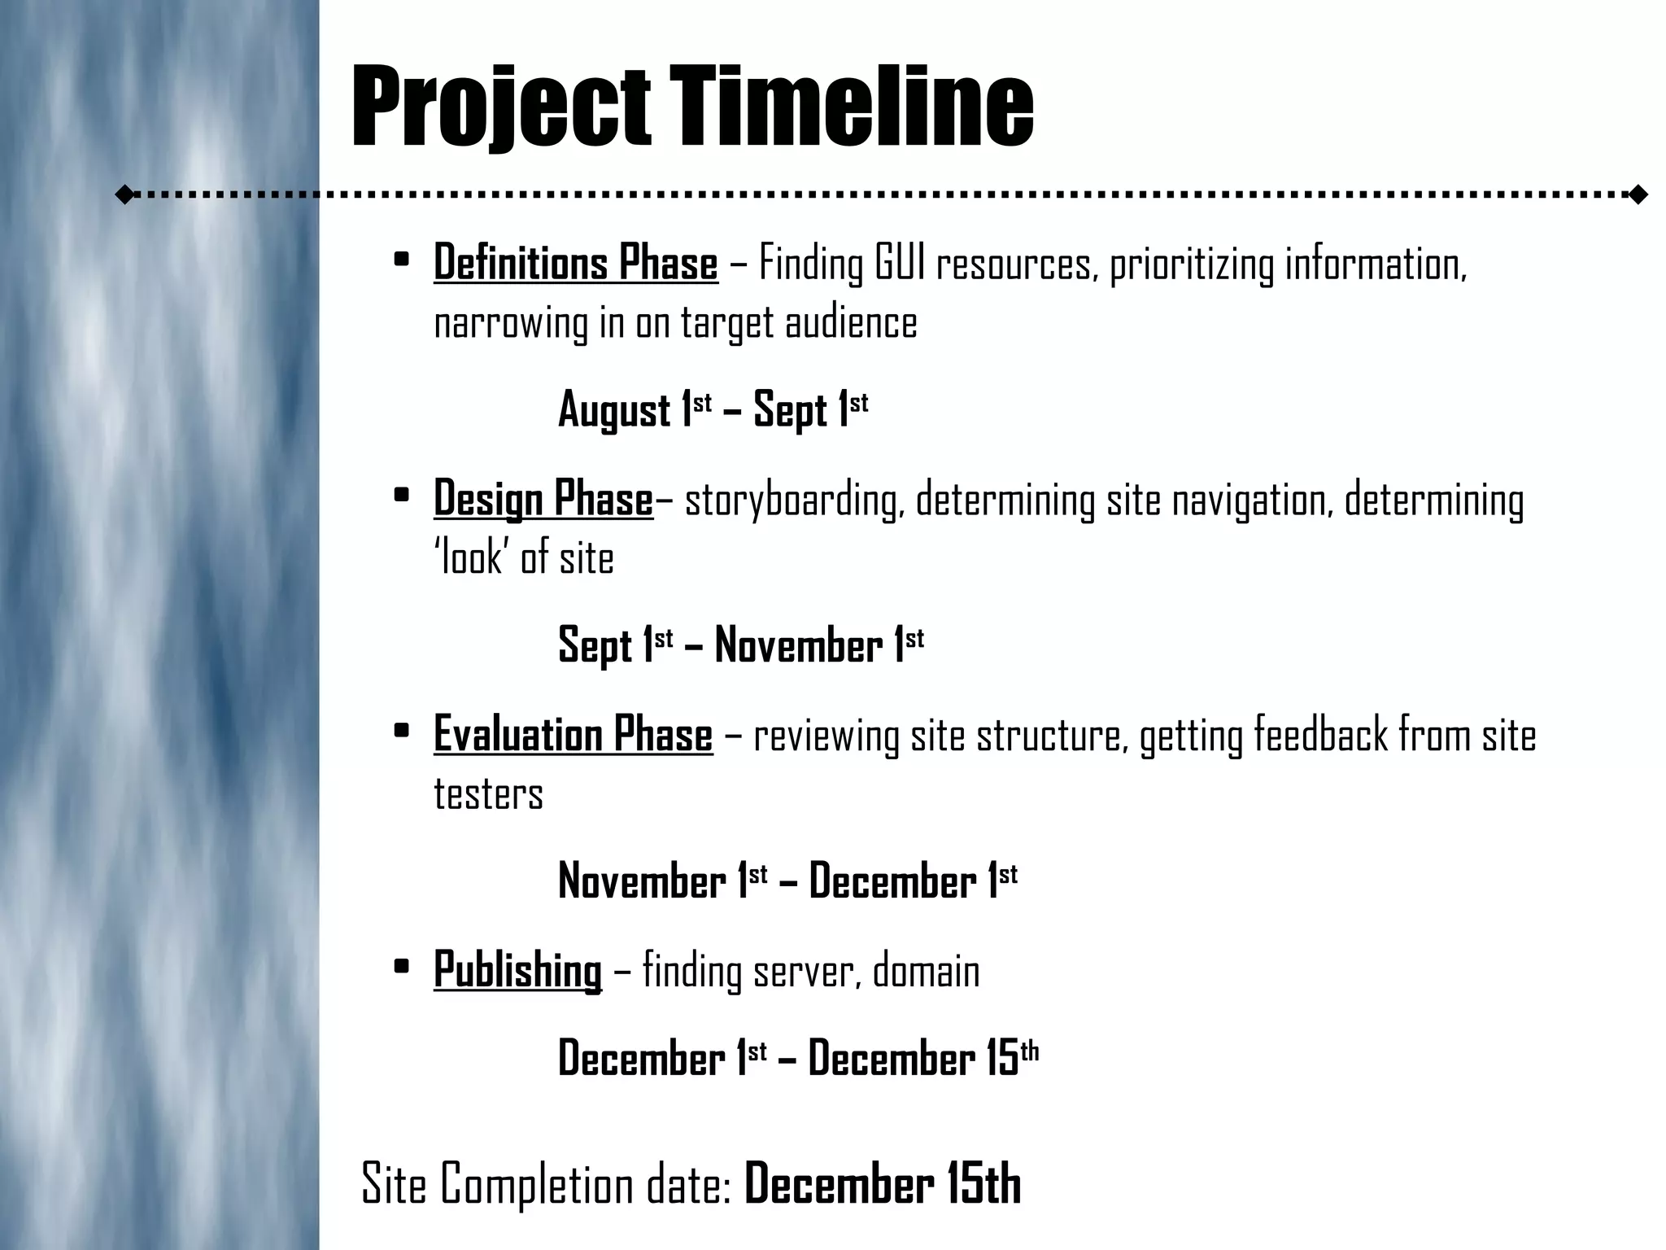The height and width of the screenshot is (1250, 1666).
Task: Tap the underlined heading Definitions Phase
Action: point(576,263)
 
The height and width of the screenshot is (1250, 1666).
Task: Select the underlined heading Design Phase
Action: point(543,498)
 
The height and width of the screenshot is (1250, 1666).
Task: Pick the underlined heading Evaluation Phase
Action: point(573,733)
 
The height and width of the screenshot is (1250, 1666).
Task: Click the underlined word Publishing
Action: point(517,969)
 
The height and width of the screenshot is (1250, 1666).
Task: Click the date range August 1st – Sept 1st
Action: point(713,409)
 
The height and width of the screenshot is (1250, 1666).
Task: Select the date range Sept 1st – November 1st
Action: point(741,645)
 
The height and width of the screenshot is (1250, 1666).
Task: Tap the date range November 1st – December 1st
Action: point(787,881)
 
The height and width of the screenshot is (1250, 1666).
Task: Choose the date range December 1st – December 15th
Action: point(798,1058)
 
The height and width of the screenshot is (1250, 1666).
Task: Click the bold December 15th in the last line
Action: point(883,1185)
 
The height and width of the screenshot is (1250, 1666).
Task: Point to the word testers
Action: point(488,793)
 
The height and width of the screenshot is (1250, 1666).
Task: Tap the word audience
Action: point(851,322)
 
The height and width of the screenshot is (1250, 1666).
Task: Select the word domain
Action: point(926,971)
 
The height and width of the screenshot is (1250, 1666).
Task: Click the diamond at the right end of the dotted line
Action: point(1638,194)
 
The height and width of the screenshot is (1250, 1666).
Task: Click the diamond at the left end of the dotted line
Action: point(124,194)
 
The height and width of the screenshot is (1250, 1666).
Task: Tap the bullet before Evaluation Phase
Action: point(400,731)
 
